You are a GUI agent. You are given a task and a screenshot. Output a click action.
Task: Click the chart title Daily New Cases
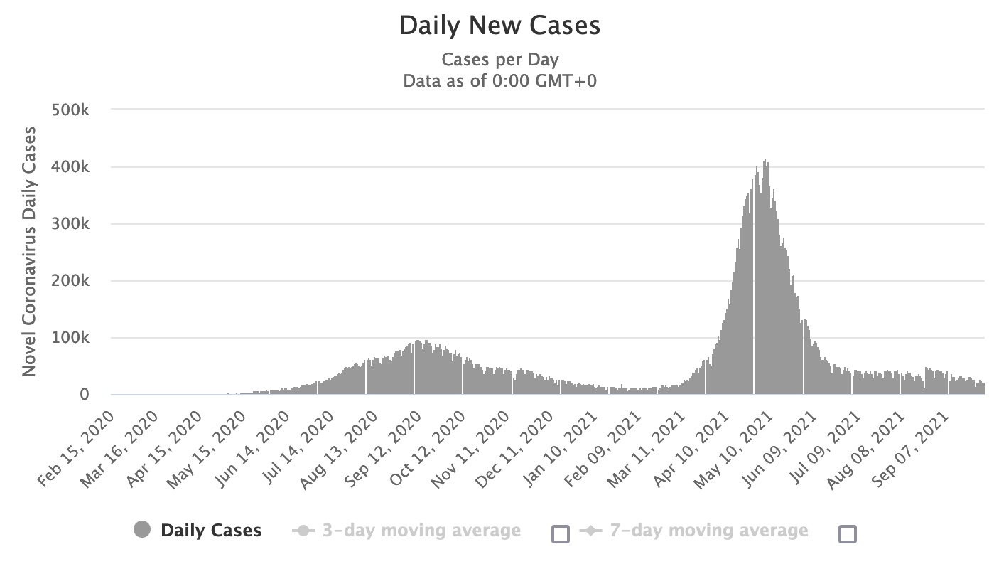[x=499, y=26]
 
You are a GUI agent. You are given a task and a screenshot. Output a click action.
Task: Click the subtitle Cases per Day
[x=499, y=60]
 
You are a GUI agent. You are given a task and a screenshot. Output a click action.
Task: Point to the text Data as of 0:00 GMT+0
[x=499, y=81]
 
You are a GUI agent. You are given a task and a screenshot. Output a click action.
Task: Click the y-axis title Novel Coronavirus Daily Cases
[x=30, y=251]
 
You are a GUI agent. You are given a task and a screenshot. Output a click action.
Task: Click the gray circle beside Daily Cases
[x=142, y=531]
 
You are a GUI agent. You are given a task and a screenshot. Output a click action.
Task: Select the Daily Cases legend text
[x=211, y=531]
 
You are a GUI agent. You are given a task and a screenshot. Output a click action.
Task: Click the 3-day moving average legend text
[x=421, y=531]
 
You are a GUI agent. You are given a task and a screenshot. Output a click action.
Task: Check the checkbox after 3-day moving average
[x=561, y=533]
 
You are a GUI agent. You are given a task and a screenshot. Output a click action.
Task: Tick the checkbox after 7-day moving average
[x=848, y=533]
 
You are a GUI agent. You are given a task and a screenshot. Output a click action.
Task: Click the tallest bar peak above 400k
[x=765, y=161]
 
